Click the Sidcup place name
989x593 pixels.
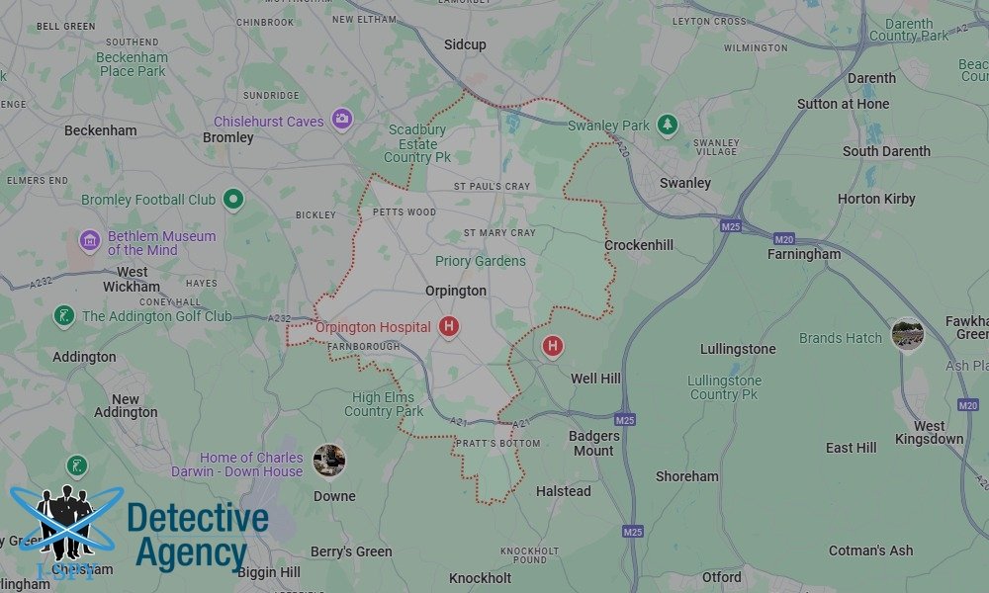(x=465, y=45)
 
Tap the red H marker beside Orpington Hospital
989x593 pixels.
(x=449, y=325)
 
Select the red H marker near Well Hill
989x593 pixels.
(x=553, y=346)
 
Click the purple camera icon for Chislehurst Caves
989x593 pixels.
(x=342, y=119)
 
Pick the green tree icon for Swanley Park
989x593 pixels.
(x=668, y=125)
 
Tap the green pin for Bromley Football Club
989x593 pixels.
(x=232, y=199)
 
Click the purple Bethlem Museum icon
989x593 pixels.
(x=89, y=240)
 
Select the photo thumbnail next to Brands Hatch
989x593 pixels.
(x=907, y=335)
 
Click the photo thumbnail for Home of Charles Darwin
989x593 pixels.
(x=328, y=461)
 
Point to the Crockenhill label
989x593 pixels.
(x=639, y=245)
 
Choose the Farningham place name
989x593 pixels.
(x=804, y=254)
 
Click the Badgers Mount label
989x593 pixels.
(x=593, y=443)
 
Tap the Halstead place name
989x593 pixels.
(x=563, y=491)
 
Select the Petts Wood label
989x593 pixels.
(x=404, y=212)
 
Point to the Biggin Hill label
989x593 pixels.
(x=270, y=572)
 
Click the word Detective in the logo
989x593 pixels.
(x=198, y=519)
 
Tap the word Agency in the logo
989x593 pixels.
(x=190, y=553)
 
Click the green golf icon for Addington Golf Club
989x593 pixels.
(x=64, y=316)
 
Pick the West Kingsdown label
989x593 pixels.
(x=929, y=431)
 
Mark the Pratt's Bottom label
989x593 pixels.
(x=497, y=444)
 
